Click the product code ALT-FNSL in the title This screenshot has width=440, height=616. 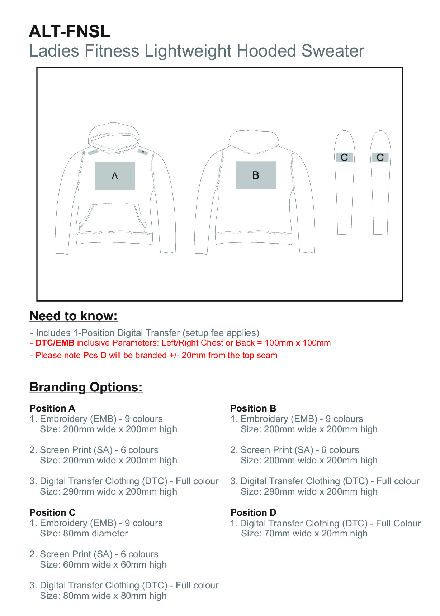69,32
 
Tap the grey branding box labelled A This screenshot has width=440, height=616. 115,176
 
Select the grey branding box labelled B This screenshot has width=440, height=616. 256,175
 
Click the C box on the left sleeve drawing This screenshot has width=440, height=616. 344,157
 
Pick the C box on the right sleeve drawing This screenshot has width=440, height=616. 380,157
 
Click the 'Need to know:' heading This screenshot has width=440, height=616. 74,316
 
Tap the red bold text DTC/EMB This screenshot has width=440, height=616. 55,343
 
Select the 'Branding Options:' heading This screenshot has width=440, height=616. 86,387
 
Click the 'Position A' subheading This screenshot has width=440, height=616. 52,408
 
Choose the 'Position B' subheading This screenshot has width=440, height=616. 253,408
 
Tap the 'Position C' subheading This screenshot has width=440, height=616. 52,512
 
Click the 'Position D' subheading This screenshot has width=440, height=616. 254,512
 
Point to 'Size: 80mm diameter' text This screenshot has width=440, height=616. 84,533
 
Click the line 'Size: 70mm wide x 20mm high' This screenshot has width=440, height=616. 304,533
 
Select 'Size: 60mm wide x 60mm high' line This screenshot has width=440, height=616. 103,564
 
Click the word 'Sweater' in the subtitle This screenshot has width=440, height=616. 332,51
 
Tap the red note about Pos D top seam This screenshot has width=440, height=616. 154,355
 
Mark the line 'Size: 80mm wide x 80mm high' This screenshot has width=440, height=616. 103,596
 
